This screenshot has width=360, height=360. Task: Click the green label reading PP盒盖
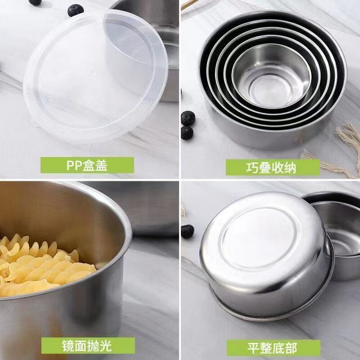87,165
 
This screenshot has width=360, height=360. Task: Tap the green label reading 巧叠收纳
273,167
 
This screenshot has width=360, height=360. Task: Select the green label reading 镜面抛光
88,346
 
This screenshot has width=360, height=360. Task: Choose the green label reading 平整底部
274,348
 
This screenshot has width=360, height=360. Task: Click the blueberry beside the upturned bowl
188,231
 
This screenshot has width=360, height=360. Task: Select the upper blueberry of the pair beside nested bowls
188,118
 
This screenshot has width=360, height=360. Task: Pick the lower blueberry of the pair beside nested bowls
187,133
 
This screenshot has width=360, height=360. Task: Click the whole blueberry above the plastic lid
76,10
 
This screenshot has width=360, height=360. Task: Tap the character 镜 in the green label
68,346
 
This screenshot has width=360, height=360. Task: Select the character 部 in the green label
291,348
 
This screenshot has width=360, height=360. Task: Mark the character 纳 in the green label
290,167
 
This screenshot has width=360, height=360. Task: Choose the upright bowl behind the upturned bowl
337,237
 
